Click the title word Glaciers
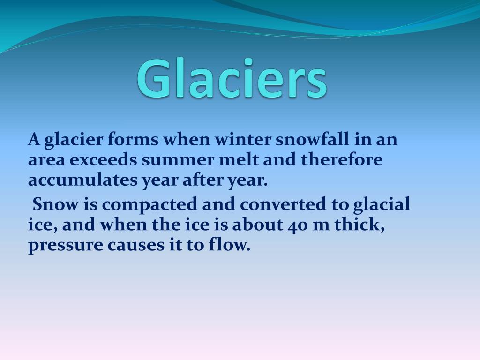point(232,78)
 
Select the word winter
point(242,139)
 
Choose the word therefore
point(342,159)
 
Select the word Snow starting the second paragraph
point(55,204)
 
